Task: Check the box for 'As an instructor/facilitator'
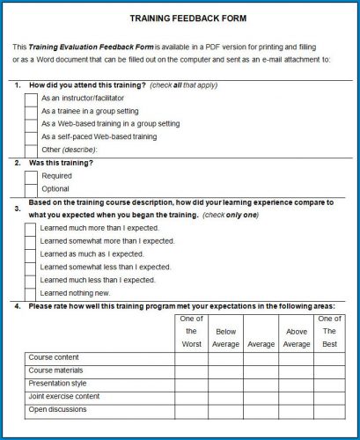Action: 31,98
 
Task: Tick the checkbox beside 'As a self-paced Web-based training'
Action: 31,136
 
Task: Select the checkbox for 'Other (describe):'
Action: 31,150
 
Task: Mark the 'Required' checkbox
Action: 31,176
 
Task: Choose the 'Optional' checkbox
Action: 31,189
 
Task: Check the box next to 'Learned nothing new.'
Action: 31,293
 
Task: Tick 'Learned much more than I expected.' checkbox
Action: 31,228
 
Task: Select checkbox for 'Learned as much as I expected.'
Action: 31,253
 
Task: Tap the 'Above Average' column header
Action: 296,338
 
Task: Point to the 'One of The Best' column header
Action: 329,331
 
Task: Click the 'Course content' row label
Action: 55,358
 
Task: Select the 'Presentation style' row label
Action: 58,384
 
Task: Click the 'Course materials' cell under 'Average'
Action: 261,370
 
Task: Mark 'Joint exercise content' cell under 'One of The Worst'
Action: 191,396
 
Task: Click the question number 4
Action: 18,306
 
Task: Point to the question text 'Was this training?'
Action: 62,163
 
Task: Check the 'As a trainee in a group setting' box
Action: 31,111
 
